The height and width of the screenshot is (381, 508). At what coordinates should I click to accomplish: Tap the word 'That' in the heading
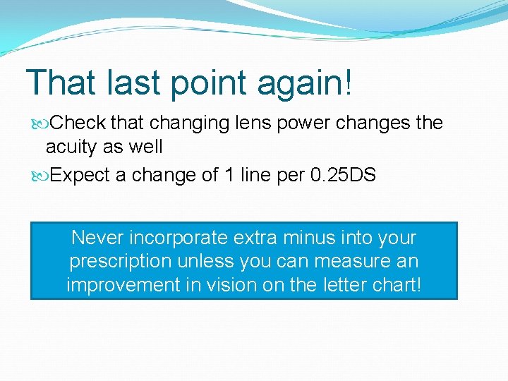[x=61, y=82]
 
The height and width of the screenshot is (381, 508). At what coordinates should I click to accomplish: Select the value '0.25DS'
[x=343, y=175]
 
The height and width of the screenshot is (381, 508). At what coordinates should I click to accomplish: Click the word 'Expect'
[x=80, y=176]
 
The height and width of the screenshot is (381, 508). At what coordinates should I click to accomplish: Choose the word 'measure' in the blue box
[x=346, y=261]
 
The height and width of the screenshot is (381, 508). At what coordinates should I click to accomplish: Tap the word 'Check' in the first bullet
[x=78, y=123]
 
